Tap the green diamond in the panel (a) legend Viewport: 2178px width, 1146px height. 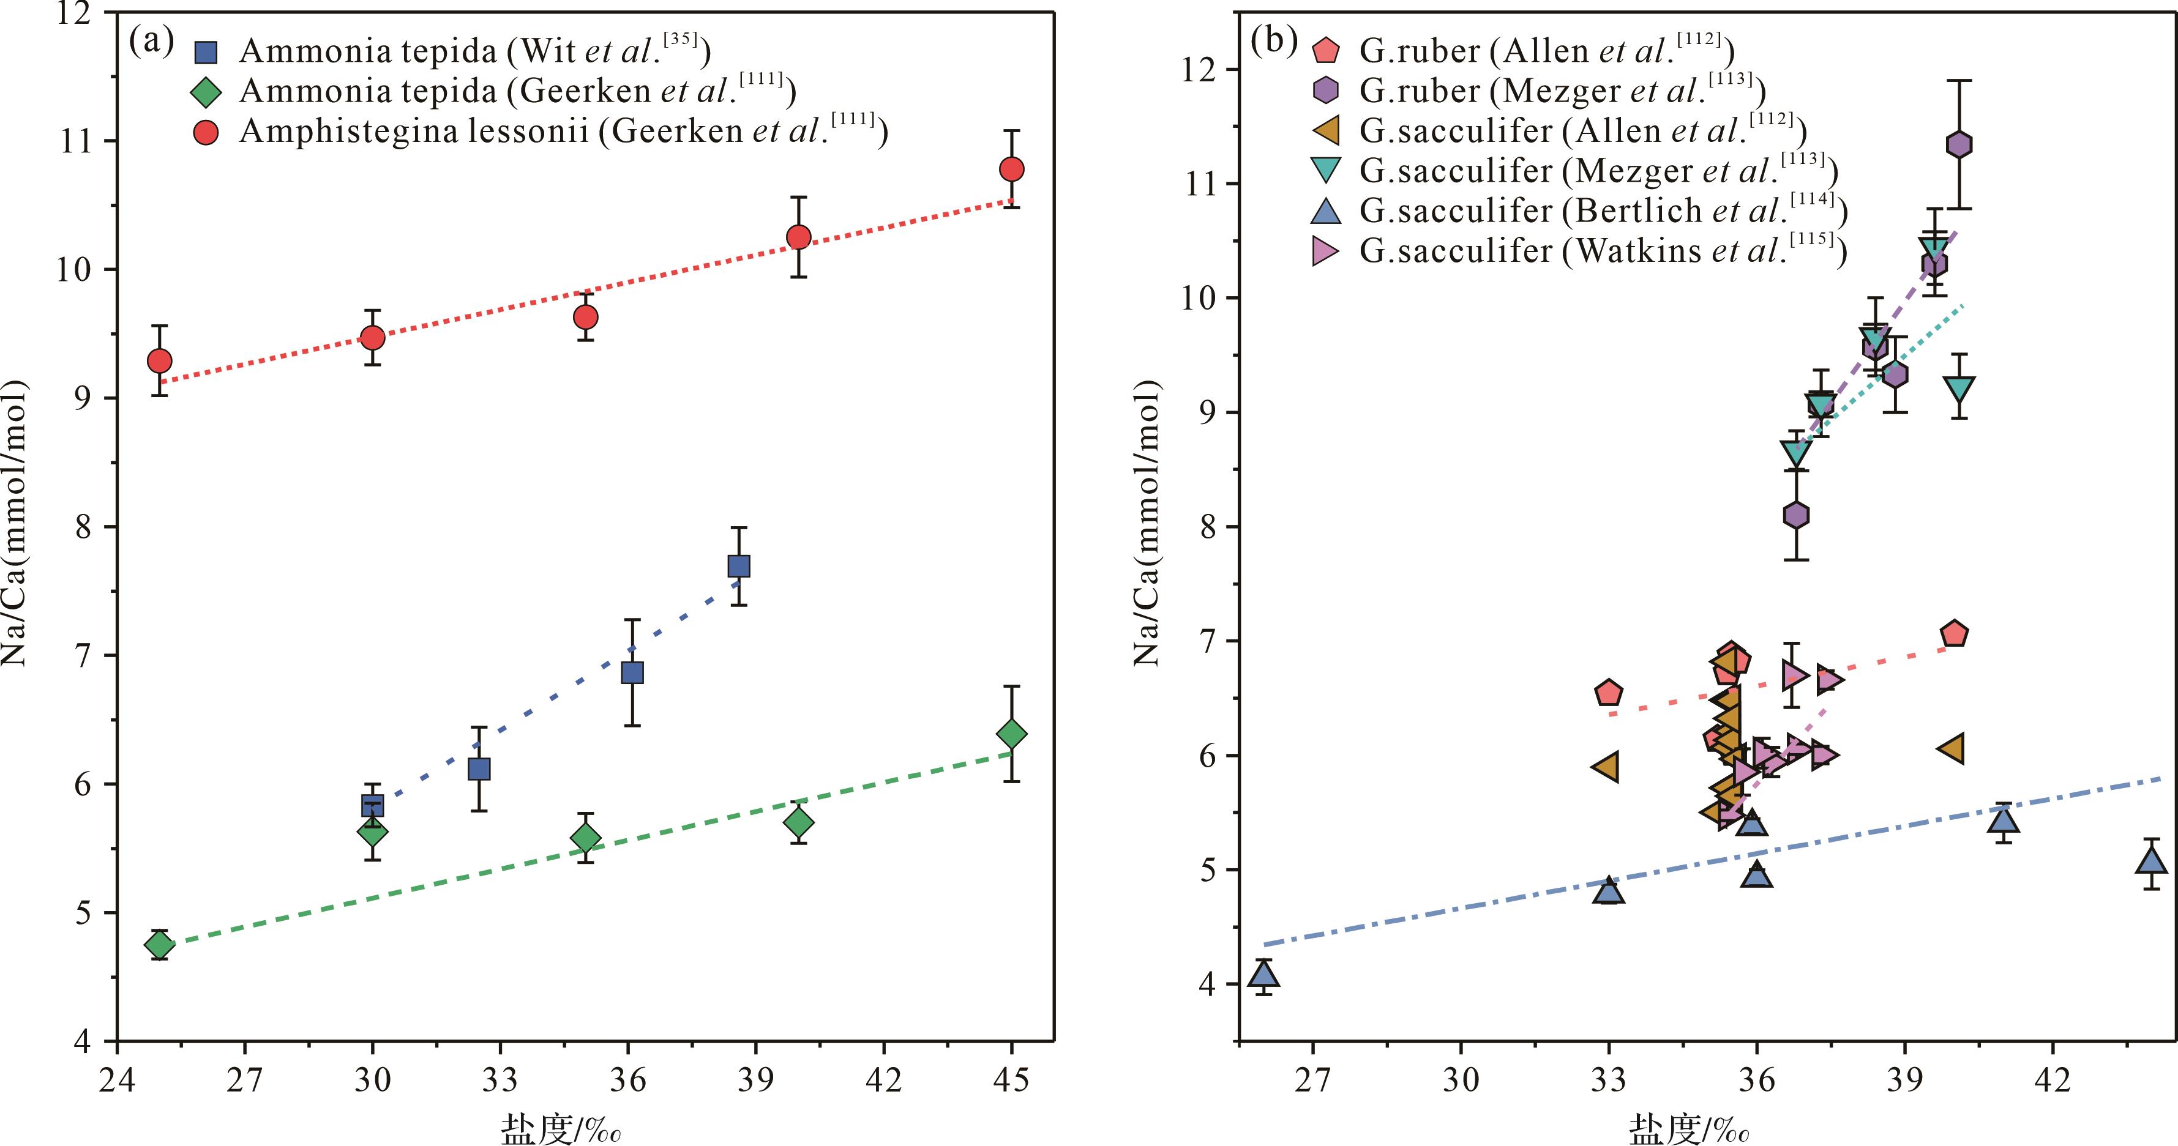coord(206,91)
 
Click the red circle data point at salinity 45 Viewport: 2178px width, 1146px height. coord(1011,169)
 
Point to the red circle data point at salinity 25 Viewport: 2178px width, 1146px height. coord(159,361)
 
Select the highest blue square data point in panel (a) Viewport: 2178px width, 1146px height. coord(739,565)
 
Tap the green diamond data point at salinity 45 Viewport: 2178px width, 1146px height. coord(1011,734)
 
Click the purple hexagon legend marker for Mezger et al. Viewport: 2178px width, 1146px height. coord(1328,91)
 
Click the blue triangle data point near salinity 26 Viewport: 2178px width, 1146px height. coord(1264,973)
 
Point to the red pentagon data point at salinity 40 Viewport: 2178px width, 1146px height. coord(1954,634)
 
